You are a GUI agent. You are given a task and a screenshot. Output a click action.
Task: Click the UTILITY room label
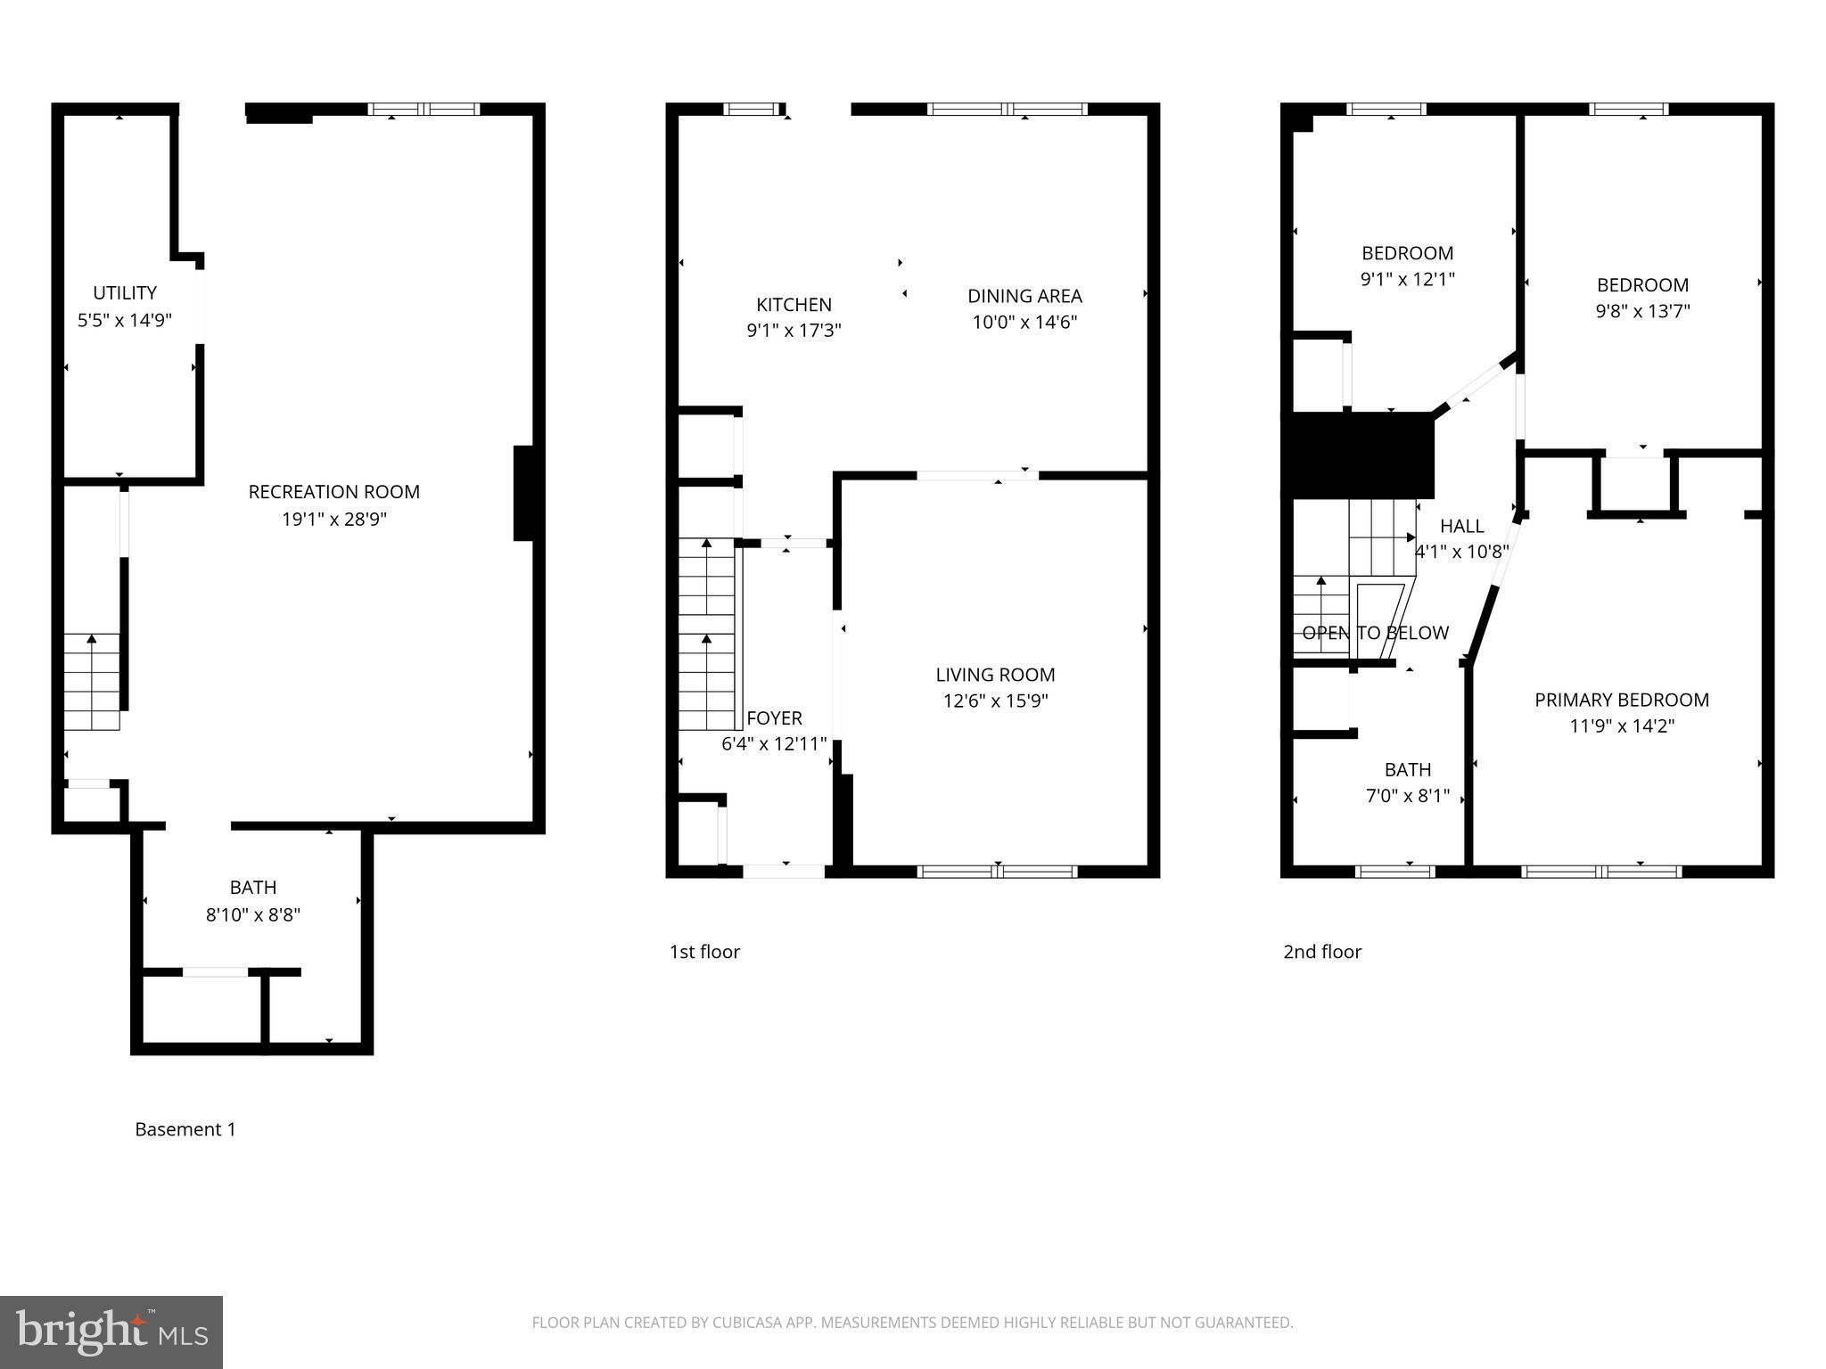125,293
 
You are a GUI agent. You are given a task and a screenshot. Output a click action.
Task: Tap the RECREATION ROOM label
333,492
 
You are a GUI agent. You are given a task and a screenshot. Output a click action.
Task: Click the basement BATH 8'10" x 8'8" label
253,901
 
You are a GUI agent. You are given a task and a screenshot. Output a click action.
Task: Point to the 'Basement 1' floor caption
185,1129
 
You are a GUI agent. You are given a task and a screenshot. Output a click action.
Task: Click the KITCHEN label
794,305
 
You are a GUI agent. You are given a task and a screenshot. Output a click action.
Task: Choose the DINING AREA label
1024,296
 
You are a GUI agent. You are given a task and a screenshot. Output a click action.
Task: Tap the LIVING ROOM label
995,675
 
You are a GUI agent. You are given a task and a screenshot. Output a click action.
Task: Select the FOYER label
774,718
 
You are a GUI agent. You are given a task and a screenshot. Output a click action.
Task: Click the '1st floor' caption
704,952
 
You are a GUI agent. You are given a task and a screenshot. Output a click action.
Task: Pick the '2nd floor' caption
1321,952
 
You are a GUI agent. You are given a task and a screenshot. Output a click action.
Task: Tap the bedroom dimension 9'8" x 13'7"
1642,311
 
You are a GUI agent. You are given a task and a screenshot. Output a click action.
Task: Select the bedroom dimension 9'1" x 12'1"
1407,279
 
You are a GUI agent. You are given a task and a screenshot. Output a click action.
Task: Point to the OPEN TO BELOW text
1375,633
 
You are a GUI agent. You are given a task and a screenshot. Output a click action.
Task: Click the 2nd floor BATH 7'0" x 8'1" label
1408,783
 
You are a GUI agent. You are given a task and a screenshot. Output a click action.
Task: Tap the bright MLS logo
111,1332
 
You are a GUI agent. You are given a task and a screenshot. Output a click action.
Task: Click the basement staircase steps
91,682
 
